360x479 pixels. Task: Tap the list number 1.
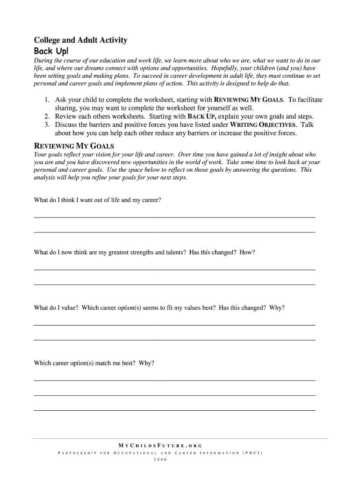pyautogui.click(x=48, y=100)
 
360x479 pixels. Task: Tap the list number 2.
pyautogui.click(x=48, y=116)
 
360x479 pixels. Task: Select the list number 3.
pyautogui.click(x=48, y=125)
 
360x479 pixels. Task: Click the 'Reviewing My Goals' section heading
pyautogui.click(x=74, y=145)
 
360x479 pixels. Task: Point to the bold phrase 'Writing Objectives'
pyautogui.click(x=263, y=125)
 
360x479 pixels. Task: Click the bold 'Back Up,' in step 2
pyautogui.click(x=202, y=116)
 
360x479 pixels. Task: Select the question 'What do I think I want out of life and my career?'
pyautogui.click(x=98, y=200)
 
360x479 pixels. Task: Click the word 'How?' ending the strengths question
pyautogui.click(x=247, y=253)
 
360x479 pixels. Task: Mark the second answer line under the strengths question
pyautogui.click(x=174, y=284)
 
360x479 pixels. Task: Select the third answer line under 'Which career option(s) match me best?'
pyautogui.click(x=174, y=410)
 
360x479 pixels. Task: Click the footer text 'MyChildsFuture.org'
pyautogui.click(x=160, y=445)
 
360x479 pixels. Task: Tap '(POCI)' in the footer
pyautogui.click(x=252, y=453)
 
